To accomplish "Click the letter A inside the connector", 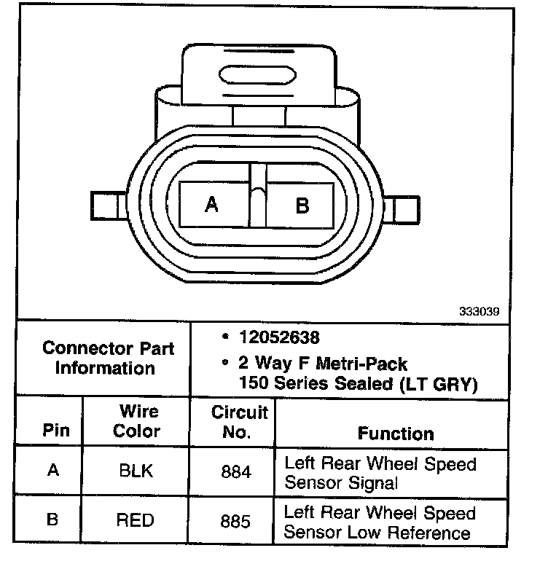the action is (x=212, y=205).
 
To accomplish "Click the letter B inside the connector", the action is (x=302, y=205).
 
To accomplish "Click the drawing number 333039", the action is (x=479, y=310).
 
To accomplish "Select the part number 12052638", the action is (x=279, y=338).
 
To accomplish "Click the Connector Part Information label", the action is (x=108, y=358).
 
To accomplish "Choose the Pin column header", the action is (x=56, y=430).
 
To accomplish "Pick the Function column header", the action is (x=396, y=434).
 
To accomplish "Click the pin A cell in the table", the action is (x=53, y=470).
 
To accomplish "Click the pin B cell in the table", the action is (x=52, y=520).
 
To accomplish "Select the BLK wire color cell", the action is (x=136, y=471).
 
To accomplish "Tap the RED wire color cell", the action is (x=136, y=520).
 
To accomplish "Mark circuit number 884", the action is (x=235, y=471).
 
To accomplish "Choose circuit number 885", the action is (x=235, y=521).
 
